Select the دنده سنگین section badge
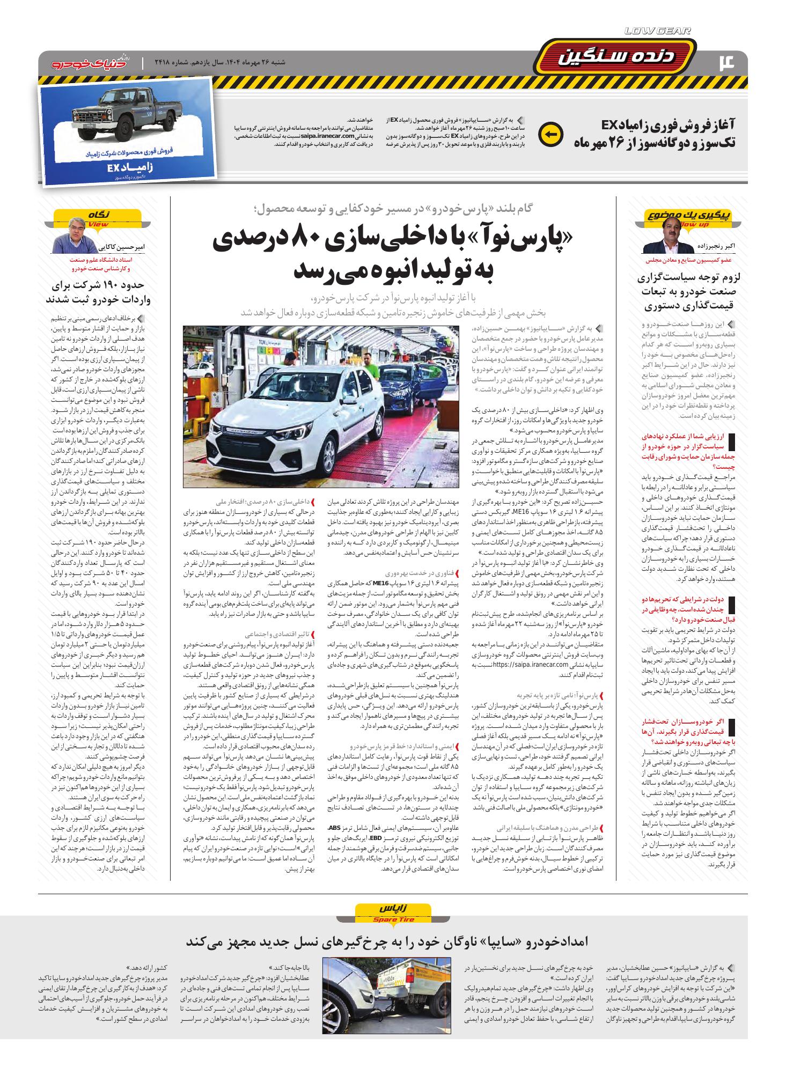[x=616, y=58]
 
